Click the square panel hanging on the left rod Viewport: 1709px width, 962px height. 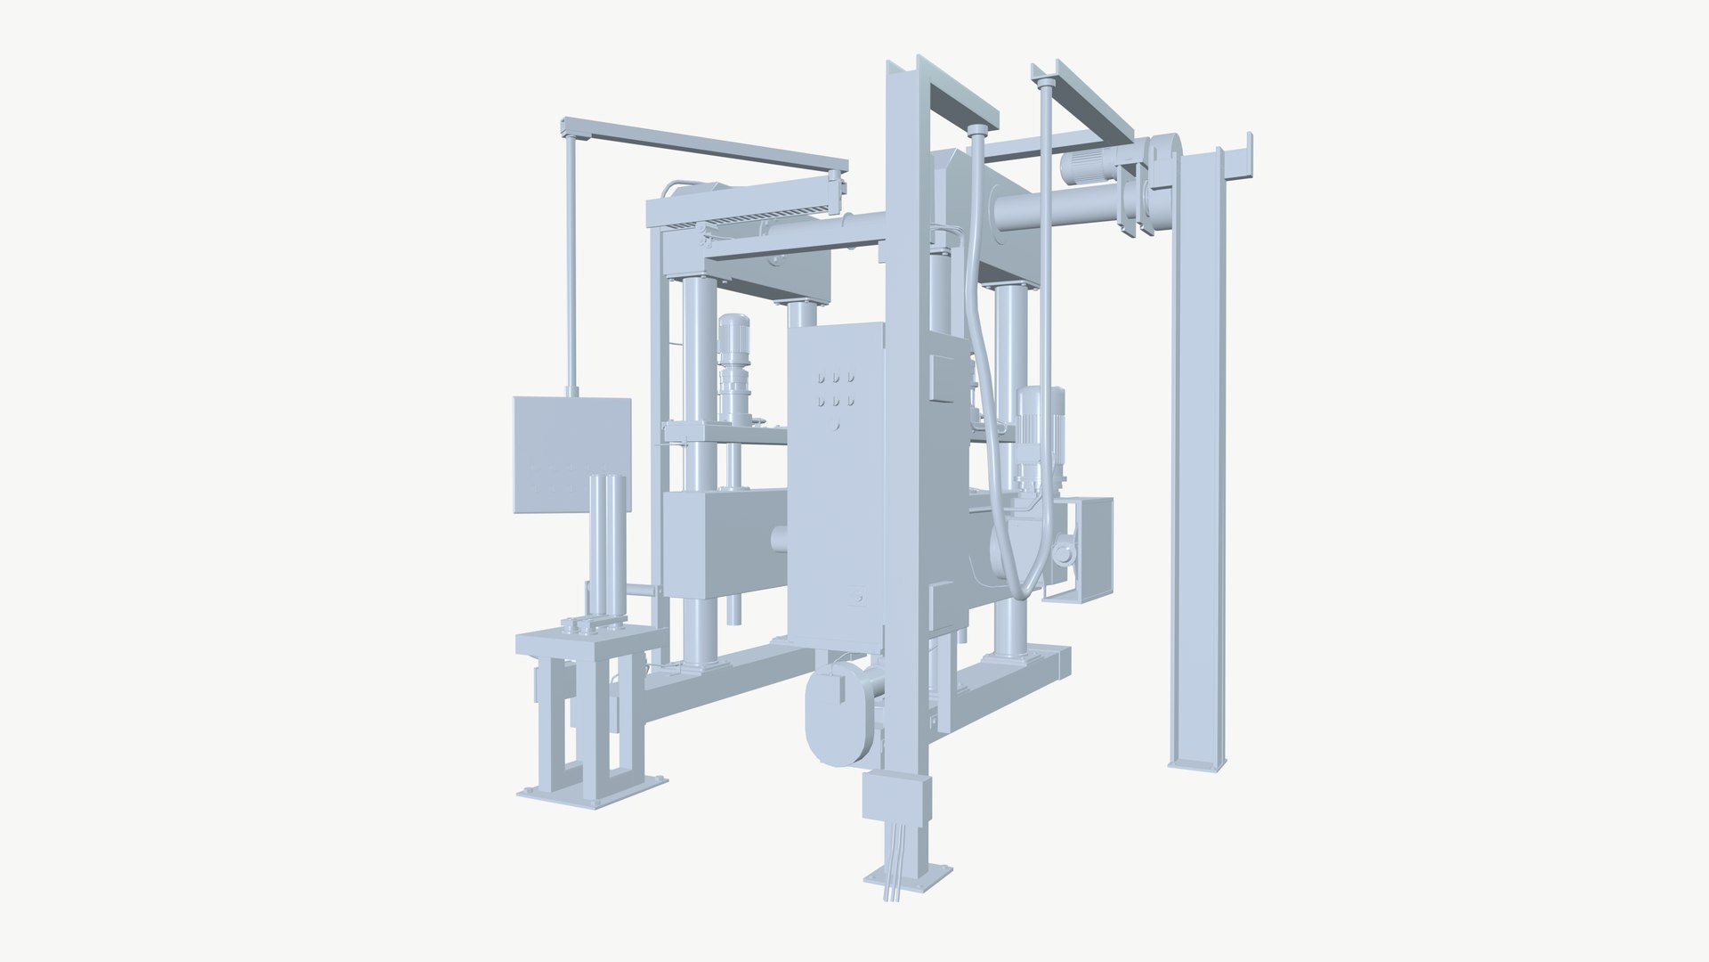pos(571,454)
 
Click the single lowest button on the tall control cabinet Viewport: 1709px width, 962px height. pos(835,426)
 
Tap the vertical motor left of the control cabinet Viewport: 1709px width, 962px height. pos(734,365)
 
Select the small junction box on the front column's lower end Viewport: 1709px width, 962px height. pos(895,797)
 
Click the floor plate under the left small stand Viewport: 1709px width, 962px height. pos(592,795)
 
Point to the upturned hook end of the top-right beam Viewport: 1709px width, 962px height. pos(1248,151)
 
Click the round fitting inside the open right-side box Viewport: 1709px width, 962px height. pos(1064,555)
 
